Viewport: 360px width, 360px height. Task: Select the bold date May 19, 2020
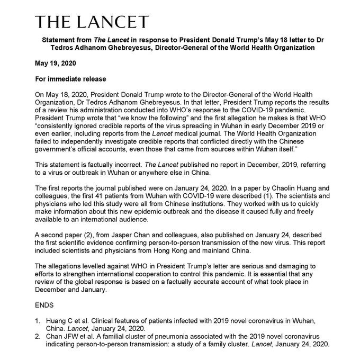point(56,64)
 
